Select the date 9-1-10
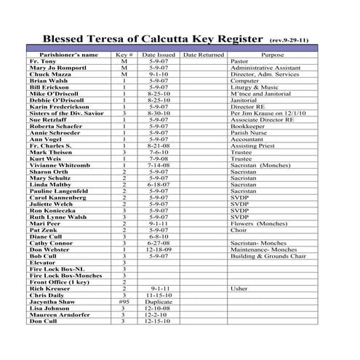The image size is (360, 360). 159,74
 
